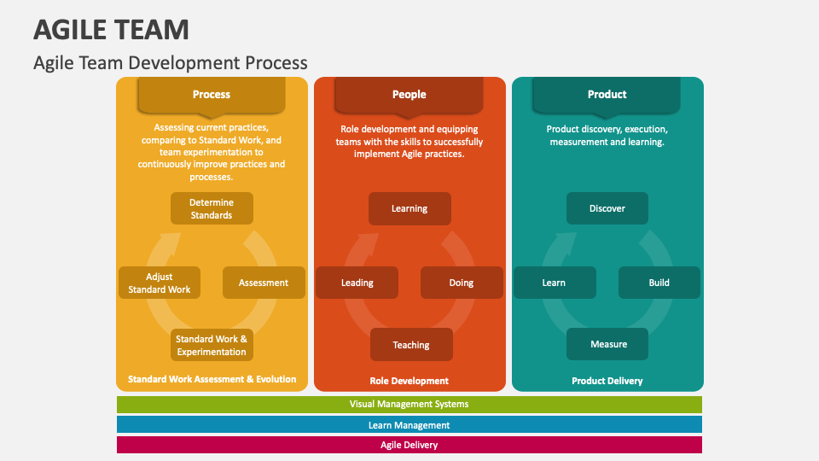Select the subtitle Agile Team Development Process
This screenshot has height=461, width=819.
[170, 62]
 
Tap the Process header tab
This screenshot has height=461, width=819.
[211, 95]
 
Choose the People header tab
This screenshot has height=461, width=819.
[409, 95]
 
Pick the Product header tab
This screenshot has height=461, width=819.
[607, 95]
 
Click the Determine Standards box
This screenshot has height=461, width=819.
[212, 208]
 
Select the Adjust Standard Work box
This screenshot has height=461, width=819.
[160, 283]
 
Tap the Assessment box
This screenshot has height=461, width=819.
[264, 283]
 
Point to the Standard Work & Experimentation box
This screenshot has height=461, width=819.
[212, 345]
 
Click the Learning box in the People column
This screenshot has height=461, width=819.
[409, 208]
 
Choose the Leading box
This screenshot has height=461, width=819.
[357, 283]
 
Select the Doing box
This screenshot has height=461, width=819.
[462, 283]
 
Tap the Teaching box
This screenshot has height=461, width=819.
[411, 345]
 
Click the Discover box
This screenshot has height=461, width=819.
[607, 208]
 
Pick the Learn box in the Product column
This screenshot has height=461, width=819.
[554, 283]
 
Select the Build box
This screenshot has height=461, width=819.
[659, 283]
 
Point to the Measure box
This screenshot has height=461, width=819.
[608, 344]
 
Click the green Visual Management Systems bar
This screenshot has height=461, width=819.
[409, 405]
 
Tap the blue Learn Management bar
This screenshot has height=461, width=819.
[409, 424]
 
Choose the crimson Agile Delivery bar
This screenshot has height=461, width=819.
[409, 445]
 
